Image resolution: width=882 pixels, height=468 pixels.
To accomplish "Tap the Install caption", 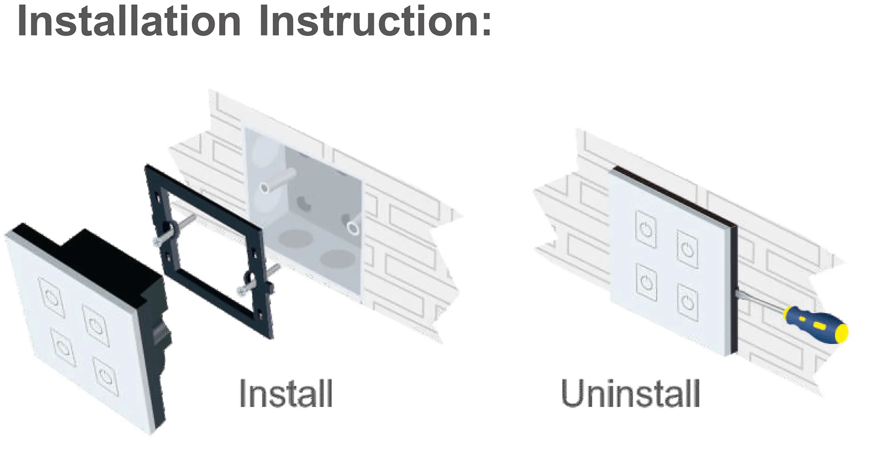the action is pos(286,393).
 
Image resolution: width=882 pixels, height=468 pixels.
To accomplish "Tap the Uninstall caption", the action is pos(631,393).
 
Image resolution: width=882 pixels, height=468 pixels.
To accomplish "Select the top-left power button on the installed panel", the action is pos(646,229).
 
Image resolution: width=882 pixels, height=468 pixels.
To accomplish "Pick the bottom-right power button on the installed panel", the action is pos(688,302).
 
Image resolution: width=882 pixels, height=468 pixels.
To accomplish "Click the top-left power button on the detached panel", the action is pos(52,297).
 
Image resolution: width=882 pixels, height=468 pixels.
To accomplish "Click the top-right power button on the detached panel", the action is pos(96,326).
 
